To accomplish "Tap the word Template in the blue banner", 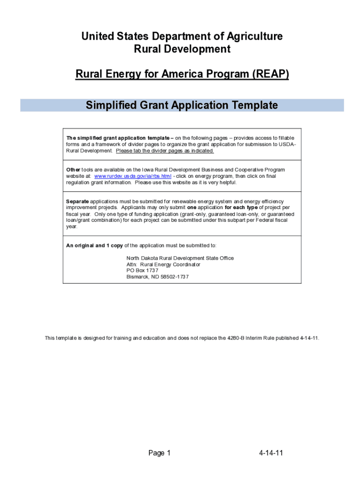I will pos(252,105).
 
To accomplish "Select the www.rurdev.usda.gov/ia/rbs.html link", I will pos(133,176).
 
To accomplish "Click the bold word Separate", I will pos(77,202).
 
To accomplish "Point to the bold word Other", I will pos(73,170).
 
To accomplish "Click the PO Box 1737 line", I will pos(143,270).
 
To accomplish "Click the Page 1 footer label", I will pos(159,453).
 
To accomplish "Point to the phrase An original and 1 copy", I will pos(95,246).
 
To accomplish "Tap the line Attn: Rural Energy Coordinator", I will pos(163,264).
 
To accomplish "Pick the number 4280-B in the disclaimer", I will pos(236,338).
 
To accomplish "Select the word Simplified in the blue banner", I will pos(111,105).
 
